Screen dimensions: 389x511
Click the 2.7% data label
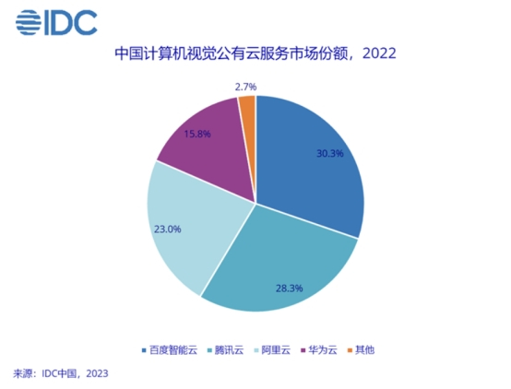244,86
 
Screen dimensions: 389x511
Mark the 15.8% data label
197,134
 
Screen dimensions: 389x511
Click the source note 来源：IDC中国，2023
61,374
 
